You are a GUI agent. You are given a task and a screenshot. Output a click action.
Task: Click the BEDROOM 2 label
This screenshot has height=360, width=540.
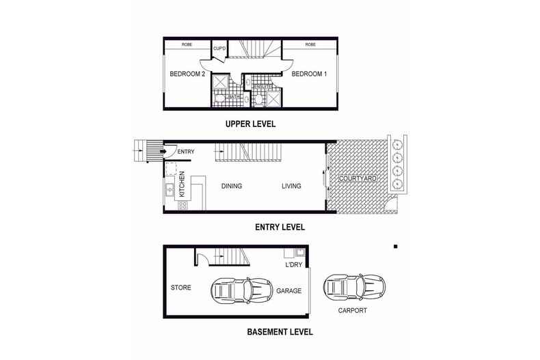[x=187, y=74]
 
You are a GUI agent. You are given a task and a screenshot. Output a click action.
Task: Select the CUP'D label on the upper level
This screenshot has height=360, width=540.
[x=219, y=49]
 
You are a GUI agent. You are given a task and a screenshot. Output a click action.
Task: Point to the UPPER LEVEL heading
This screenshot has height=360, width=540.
[x=250, y=124]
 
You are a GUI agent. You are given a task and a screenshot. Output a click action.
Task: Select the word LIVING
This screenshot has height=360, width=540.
[x=292, y=186]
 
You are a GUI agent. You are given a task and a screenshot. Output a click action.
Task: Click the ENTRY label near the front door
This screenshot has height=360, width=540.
[x=186, y=152]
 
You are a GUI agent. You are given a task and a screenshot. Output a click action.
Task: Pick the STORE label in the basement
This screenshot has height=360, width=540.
[x=180, y=288]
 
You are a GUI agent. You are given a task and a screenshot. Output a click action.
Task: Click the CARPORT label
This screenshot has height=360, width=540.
[x=352, y=310]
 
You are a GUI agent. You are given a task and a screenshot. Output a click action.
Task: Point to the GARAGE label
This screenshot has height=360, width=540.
[x=288, y=290]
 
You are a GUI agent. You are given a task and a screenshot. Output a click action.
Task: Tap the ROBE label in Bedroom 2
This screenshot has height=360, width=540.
[x=186, y=44]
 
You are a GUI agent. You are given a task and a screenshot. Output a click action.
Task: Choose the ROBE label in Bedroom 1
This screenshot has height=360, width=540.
[x=310, y=44]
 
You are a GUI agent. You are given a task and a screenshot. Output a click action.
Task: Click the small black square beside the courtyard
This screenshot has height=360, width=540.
[x=395, y=246]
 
